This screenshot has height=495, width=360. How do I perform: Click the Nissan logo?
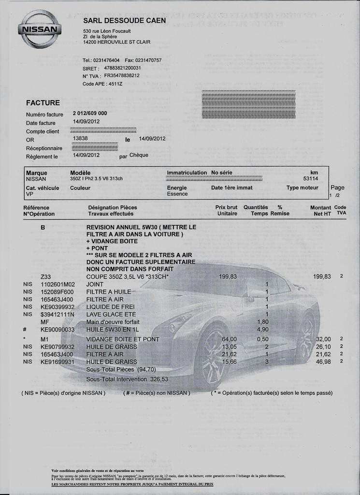[40, 29]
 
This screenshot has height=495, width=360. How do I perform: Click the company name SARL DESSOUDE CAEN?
[124, 20]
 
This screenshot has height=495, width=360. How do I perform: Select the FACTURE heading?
[43, 102]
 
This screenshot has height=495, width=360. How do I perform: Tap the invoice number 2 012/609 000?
[90, 113]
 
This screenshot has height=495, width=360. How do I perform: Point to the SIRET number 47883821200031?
[122, 68]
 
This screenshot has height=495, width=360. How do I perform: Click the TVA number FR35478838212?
[122, 75]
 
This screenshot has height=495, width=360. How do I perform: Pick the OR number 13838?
[80, 138]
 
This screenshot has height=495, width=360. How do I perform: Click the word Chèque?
[139, 155]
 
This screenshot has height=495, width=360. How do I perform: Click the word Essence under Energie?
[177, 194]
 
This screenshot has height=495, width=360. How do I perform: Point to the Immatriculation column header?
[187, 173]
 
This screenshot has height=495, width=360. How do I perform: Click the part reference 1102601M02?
[58, 284]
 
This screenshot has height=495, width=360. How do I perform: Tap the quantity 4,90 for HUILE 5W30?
[262, 329]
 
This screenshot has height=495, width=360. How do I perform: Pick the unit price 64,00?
[229, 339]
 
